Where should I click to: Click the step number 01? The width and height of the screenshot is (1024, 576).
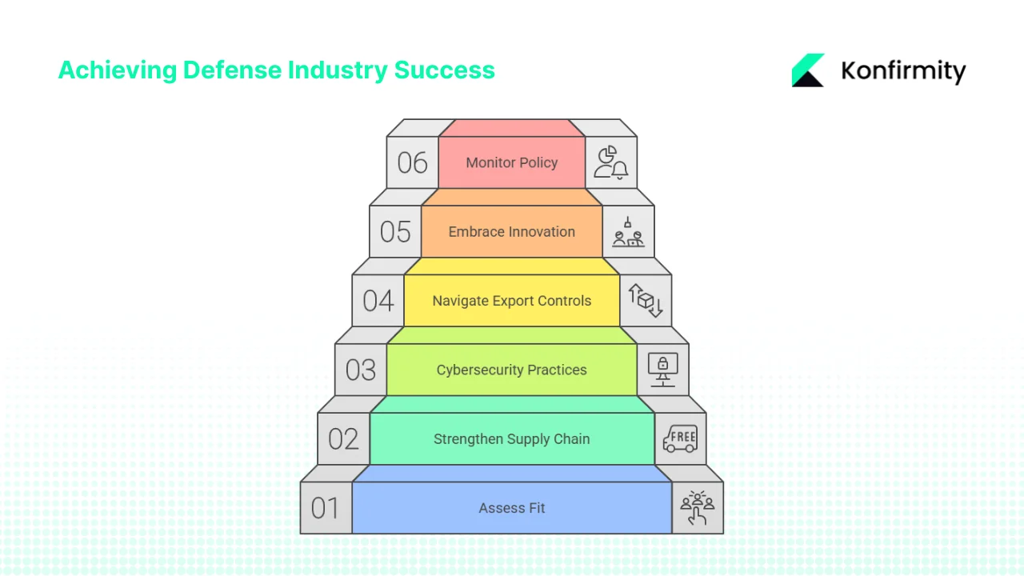(x=326, y=508)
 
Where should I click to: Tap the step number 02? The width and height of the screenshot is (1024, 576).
(x=343, y=439)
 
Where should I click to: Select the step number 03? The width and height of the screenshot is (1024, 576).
(x=361, y=370)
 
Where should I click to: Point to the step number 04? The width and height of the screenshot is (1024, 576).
(x=378, y=301)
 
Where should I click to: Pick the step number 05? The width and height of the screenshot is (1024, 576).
(x=395, y=232)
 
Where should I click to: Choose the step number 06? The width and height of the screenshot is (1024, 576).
(x=413, y=162)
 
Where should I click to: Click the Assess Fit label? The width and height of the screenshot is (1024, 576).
(x=512, y=508)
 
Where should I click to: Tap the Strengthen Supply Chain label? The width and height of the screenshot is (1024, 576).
(x=512, y=439)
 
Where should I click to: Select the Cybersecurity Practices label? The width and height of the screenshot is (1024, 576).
(x=512, y=370)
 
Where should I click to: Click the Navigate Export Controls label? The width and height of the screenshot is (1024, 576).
(x=512, y=301)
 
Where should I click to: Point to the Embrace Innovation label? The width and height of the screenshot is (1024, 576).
(x=512, y=232)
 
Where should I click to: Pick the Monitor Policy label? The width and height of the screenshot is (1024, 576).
(x=512, y=162)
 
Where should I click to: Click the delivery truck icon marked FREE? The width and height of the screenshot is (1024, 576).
(x=680, y=438)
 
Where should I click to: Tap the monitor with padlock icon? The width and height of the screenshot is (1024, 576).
(x=662, y=370)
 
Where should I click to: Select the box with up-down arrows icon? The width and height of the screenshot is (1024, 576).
(x=646, y=301)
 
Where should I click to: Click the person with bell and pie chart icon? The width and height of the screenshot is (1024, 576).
(x=611, y=162)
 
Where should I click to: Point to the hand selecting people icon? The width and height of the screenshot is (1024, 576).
(x=697, y=508)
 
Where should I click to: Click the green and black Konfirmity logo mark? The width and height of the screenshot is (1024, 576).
(x=808, y=70)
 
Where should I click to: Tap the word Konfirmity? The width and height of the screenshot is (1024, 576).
(x=903, y=71)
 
